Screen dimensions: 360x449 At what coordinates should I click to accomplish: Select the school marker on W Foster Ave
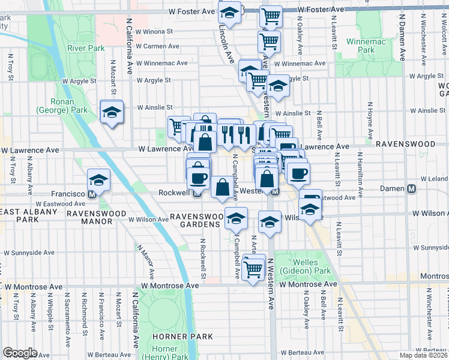coord(229,12)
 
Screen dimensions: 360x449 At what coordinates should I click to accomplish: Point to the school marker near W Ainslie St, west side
coord(111,113)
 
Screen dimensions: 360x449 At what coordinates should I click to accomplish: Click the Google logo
coord(20,353)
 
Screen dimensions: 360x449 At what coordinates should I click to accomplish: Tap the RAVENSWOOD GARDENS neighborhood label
coord(197,220)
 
